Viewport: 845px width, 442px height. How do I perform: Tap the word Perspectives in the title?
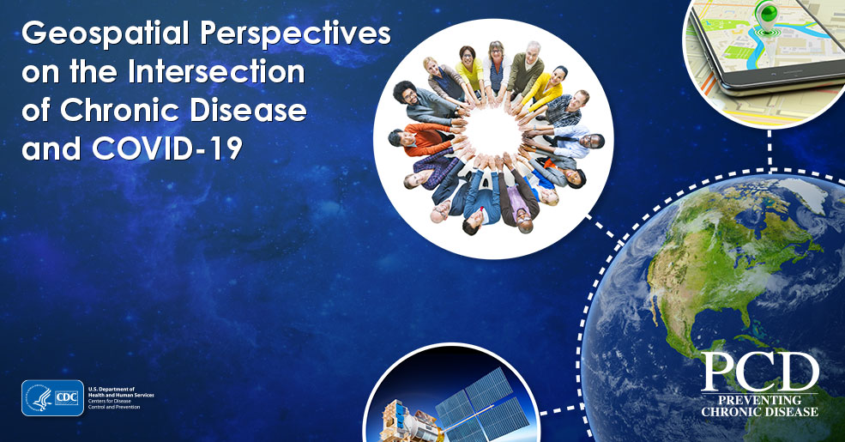pos(296,34)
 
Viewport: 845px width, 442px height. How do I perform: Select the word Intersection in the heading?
pos(216,72)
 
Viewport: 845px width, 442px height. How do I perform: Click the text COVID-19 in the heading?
pos(167,148)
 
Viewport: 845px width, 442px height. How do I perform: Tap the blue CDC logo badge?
pos(53,398)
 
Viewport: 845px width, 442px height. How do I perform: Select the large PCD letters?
pos(760,372)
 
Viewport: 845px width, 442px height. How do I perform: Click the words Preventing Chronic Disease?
pos(760,406)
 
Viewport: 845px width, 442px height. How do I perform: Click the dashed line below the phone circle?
pos(770,149)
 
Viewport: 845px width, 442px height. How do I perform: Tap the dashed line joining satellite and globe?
pos(560,409)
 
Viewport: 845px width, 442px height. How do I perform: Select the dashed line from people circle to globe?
pos(601,227)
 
